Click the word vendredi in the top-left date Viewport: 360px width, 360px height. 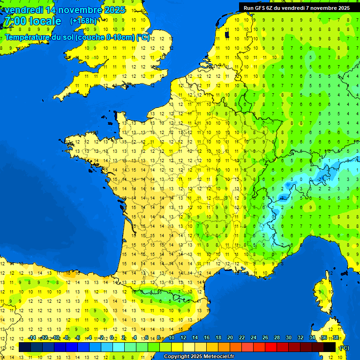[x=23, y=10]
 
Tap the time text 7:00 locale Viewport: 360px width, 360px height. [x=32, y=21]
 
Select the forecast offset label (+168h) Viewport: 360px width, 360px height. [x=83, y=21]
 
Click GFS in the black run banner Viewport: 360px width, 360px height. [x=261, y=8]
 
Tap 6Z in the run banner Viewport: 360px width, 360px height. [x=270, y=8]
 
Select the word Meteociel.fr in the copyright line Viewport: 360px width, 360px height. [x=217, y=357]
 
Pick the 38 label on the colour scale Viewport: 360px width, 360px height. [x=335, y=338]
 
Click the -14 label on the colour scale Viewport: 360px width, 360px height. [x=32, y=338]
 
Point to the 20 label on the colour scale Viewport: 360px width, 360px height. [x=230, y=338]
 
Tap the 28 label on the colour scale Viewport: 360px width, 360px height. [x=277, y=338]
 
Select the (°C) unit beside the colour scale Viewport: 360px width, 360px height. [x=345, y=347]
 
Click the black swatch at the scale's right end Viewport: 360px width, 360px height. [x=330, y=347]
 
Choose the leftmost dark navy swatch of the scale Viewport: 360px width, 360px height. [x=25, y=347]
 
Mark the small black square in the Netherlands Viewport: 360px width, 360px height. [x=227, y=34]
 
